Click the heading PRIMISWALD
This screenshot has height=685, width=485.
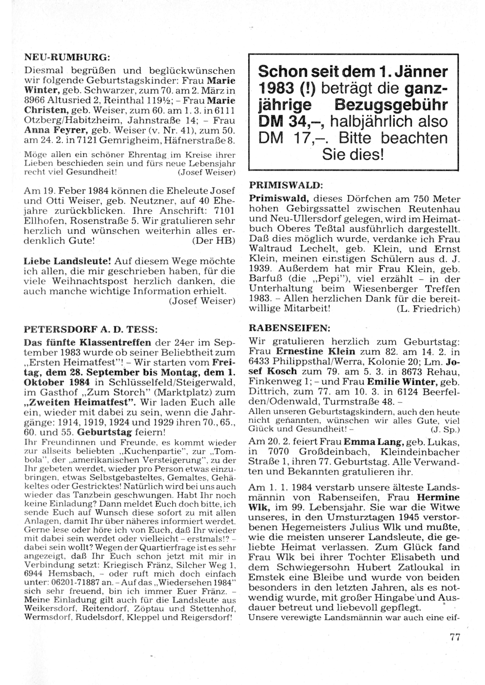[285, 185]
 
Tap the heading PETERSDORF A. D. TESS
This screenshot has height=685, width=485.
[91, 328]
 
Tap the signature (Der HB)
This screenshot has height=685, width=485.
[214, 240]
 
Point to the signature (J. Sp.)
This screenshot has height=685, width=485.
[445, 429]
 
